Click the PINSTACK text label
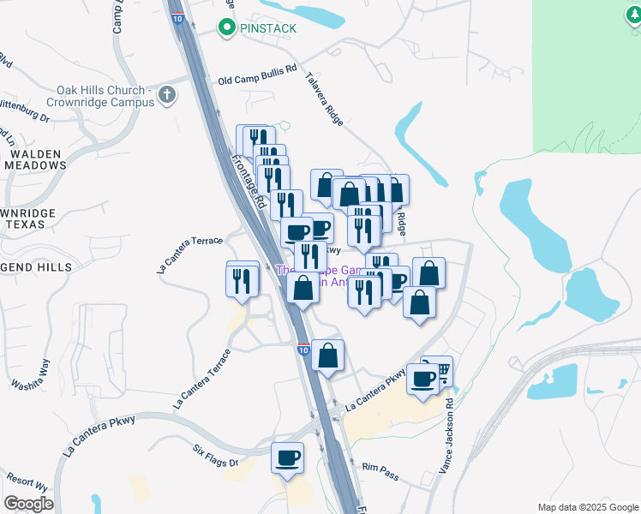(268, 28)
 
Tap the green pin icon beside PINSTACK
(227, 28)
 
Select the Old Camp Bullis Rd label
(257, 80)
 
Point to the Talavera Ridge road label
(325, 99)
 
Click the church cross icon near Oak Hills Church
(166, 95)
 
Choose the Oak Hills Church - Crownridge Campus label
(105, 96)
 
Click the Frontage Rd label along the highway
(249, 180)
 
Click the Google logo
(28, 504)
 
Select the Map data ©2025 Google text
(587, 507)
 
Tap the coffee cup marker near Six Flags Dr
(288, 457)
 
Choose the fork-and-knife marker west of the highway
(243, 279)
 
